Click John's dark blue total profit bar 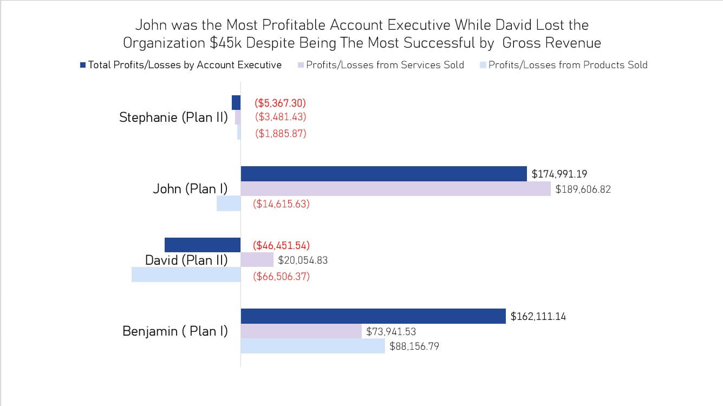tap(383, 174)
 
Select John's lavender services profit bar tap(395, 189)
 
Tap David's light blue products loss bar tap(186, 275)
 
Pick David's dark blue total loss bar tap(203, 245)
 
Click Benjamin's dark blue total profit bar tap(373, 316)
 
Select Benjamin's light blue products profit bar tap(312, 346)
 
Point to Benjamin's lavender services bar tap(301, 331)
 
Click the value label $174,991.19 tap(559, 174)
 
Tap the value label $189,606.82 tap(583, 189)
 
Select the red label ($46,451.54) tap(281, 245)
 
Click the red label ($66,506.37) tap(281, 277)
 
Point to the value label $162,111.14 tap(538, 317)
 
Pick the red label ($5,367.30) tap(281, 103)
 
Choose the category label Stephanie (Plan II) tap(173, 117)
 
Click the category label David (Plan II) tap(186, 260)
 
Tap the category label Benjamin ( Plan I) tap(175, 331)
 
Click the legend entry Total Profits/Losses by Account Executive tap(185, 65)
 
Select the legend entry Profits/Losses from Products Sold tap(568, 65)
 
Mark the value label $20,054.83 tap(303, 260)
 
